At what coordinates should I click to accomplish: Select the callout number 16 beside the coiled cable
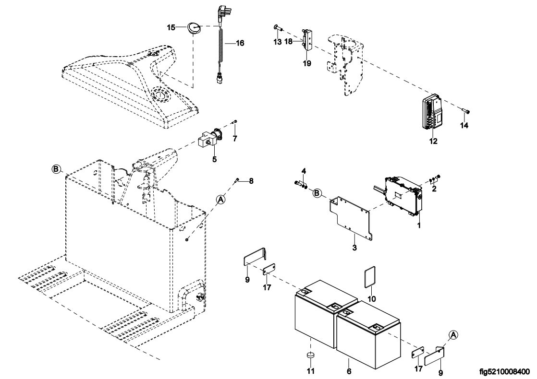(240, 43)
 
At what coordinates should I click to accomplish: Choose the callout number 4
(304, 171)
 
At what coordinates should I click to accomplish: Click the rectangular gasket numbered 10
(368, 278)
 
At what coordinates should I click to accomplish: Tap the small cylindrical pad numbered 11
(310, 356)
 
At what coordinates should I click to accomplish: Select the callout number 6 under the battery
(349, 371)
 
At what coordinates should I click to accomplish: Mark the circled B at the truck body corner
(57, 169)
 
